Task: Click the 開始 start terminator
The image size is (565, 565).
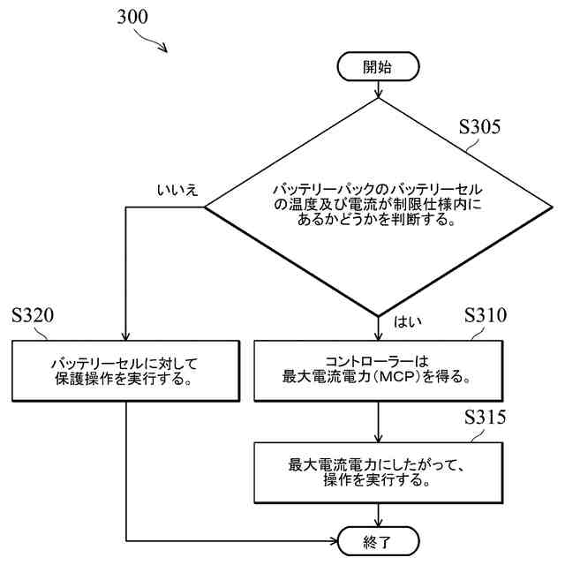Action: tap(378, 66)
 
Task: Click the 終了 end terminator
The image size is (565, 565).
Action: tap(378, 538)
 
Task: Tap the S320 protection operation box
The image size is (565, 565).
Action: tap(127, 369)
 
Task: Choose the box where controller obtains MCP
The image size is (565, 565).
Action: tap(378, 369)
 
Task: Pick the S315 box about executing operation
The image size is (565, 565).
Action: tap(378, 471)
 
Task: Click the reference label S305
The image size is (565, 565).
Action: tap(480, 126)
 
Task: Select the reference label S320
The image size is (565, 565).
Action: tap(34, 315)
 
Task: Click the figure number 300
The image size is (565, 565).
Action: tap(132, 17)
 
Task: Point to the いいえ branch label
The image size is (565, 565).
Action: tap(177, 191)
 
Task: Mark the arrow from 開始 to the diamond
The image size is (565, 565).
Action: tap(378, 88)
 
